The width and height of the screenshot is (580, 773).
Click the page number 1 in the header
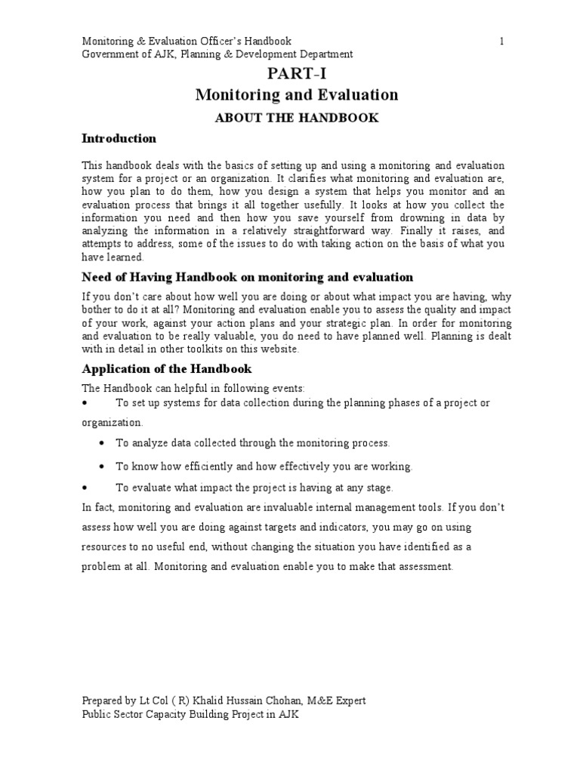tap(501, 41)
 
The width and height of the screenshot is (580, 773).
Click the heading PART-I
tap(296, 73)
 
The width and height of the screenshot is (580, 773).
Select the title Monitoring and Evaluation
tap(296, 95)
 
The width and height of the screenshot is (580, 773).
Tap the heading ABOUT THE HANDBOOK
tap(296, 118)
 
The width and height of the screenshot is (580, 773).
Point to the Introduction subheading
tap(119, 139)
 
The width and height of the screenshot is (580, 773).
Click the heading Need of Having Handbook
tap(247, 278)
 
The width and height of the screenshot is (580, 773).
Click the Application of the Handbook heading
tap(166, 369)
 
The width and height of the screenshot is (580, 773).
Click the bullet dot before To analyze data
tap(103, 443)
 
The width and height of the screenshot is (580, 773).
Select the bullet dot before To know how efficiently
tap(103, 467)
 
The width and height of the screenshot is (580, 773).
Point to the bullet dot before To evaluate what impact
tap(85, 488)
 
